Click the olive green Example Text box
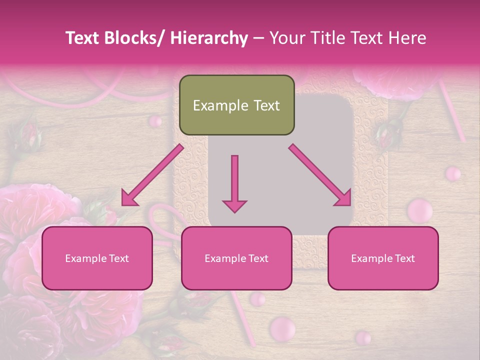pos(236,105)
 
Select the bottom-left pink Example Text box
pos(97,258)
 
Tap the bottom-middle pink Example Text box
pos(236,258)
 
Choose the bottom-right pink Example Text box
pos(383,258)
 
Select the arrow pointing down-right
pos(320,175)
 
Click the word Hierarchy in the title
pos(209,38)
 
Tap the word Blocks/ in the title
pos(134,38)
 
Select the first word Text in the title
pos(82,38)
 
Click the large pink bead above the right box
pos(419,210)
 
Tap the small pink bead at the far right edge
pos(453,173)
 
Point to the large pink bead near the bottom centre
pos(282,327)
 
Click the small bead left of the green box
pos(155,120)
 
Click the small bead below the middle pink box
pos(257,299)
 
